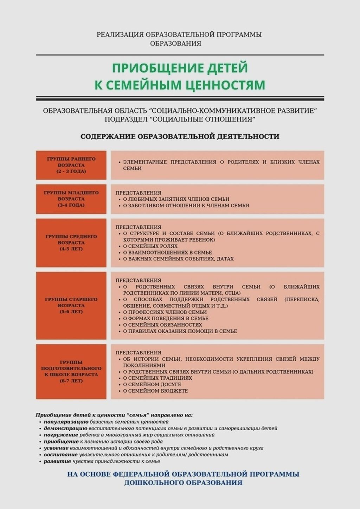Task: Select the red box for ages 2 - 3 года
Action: pyautogui.click(x=71, y=165)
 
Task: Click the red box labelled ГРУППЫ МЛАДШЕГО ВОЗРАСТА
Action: pyautogui.click(x=71, y=199)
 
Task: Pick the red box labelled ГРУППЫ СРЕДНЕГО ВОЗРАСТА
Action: pyautogui.click(x=71, y=243)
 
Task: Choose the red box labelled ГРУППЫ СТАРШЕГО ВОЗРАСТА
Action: pyautogui.click(x=71, y=305)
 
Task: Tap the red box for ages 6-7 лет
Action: pyautogui.click(x=71, y=372)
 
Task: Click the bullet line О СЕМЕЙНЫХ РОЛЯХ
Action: pyautogui.click(x=150, y=246)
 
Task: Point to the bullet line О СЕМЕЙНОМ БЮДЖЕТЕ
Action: pyautogui.click(x=155, y=391)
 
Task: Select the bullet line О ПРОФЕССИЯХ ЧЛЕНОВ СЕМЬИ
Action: pyautogui.click(x=165, y=312)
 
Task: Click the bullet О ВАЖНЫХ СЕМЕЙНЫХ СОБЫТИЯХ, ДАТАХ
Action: pyautogui.click(x=178, y=259)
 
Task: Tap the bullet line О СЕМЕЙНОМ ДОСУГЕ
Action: pyautogui.click(x=152, y=384)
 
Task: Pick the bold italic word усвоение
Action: pyautogui.click(x=56, y=448)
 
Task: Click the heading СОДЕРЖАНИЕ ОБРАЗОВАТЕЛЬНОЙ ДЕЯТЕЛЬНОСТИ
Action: pyautogui.click(x=180, y=136)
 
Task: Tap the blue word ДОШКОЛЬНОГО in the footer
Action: pyautogui.click(x=153, y=483)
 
